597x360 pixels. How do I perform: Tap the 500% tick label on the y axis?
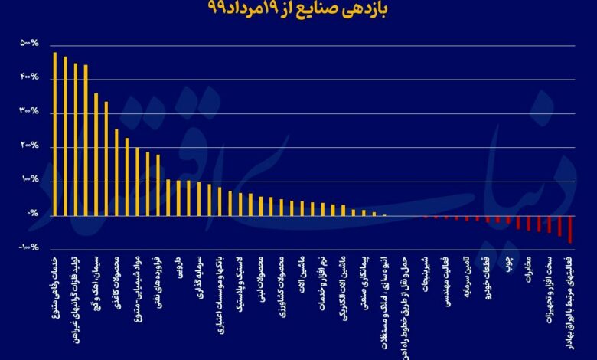point(30,44)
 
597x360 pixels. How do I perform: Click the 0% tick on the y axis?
point(33,214)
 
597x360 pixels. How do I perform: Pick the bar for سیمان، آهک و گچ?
point(96,154)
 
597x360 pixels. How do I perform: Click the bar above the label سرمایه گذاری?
point(199,198)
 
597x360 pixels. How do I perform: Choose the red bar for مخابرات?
point(528,222)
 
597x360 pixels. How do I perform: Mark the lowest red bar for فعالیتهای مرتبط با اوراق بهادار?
point(570,229)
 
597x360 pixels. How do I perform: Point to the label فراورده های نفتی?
point(158,283)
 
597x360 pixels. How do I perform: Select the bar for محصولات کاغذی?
point(116,172)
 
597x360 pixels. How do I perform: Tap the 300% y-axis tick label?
point(30,112)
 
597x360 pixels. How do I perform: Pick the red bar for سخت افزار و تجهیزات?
point(549,224)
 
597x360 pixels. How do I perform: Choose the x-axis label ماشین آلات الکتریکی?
point(344,292)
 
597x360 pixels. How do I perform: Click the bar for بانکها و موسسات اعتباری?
point(220,201)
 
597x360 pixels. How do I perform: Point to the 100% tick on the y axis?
point(30,180)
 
